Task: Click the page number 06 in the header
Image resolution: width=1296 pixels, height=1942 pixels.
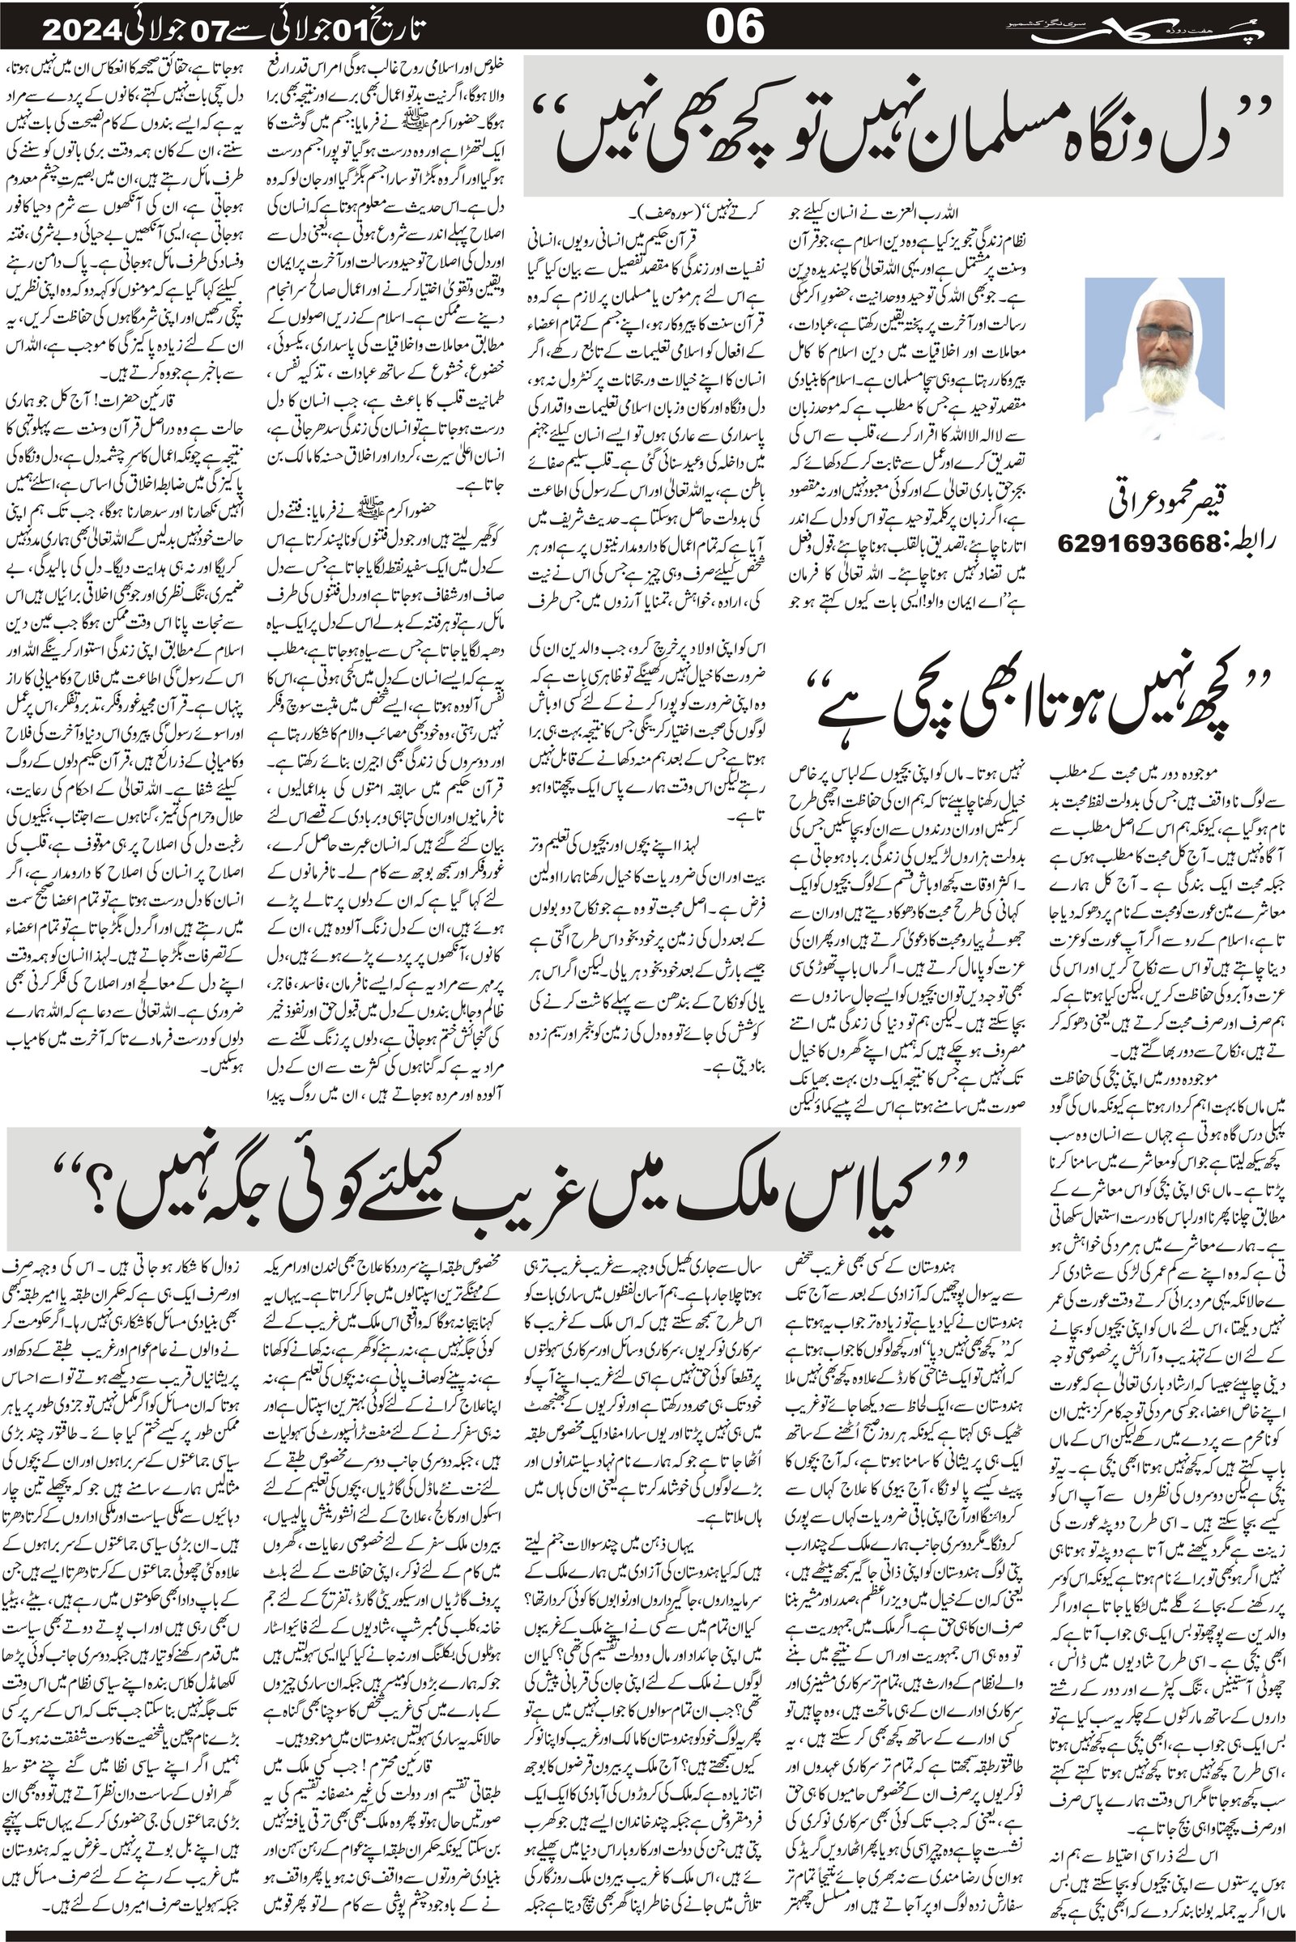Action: coord(735,29)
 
